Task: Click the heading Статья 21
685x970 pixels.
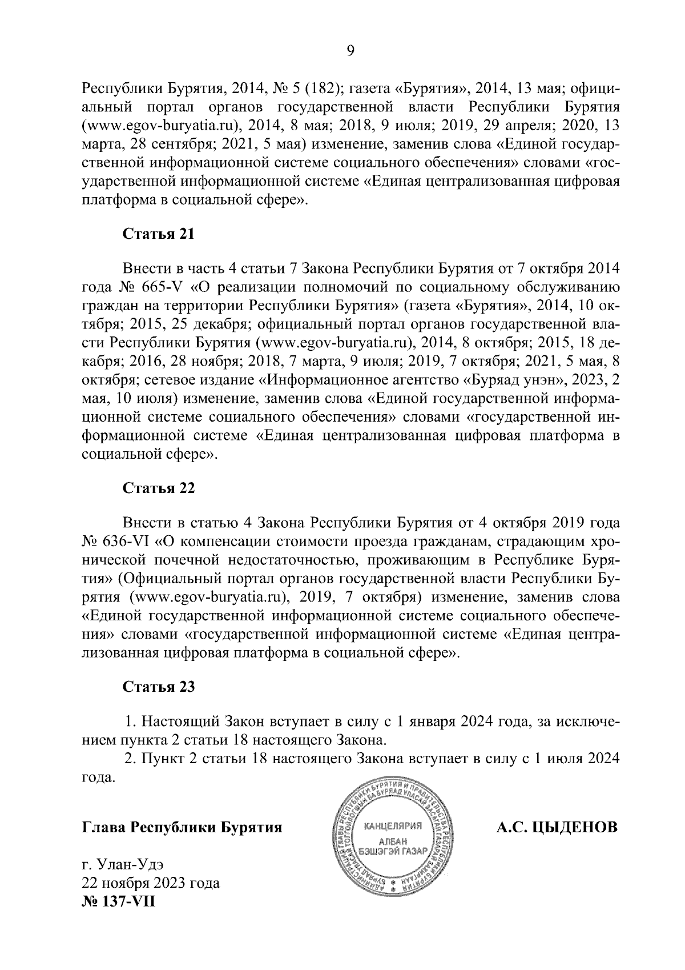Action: point(159,234)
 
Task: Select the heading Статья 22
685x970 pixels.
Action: point(159,488)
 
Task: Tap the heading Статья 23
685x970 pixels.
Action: point(159,687)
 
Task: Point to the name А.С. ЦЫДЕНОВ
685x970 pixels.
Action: point(557,827)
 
